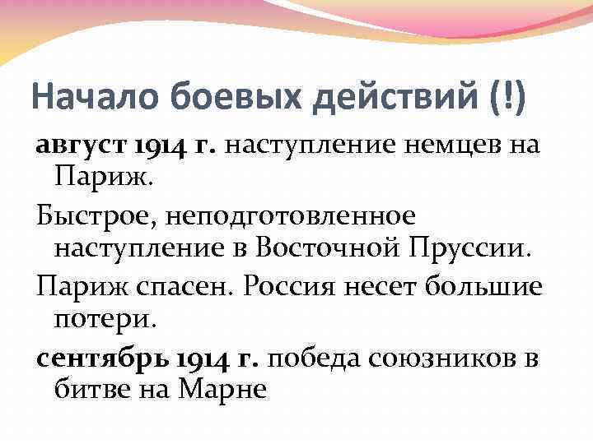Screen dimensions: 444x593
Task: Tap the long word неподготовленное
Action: click(292, 216)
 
